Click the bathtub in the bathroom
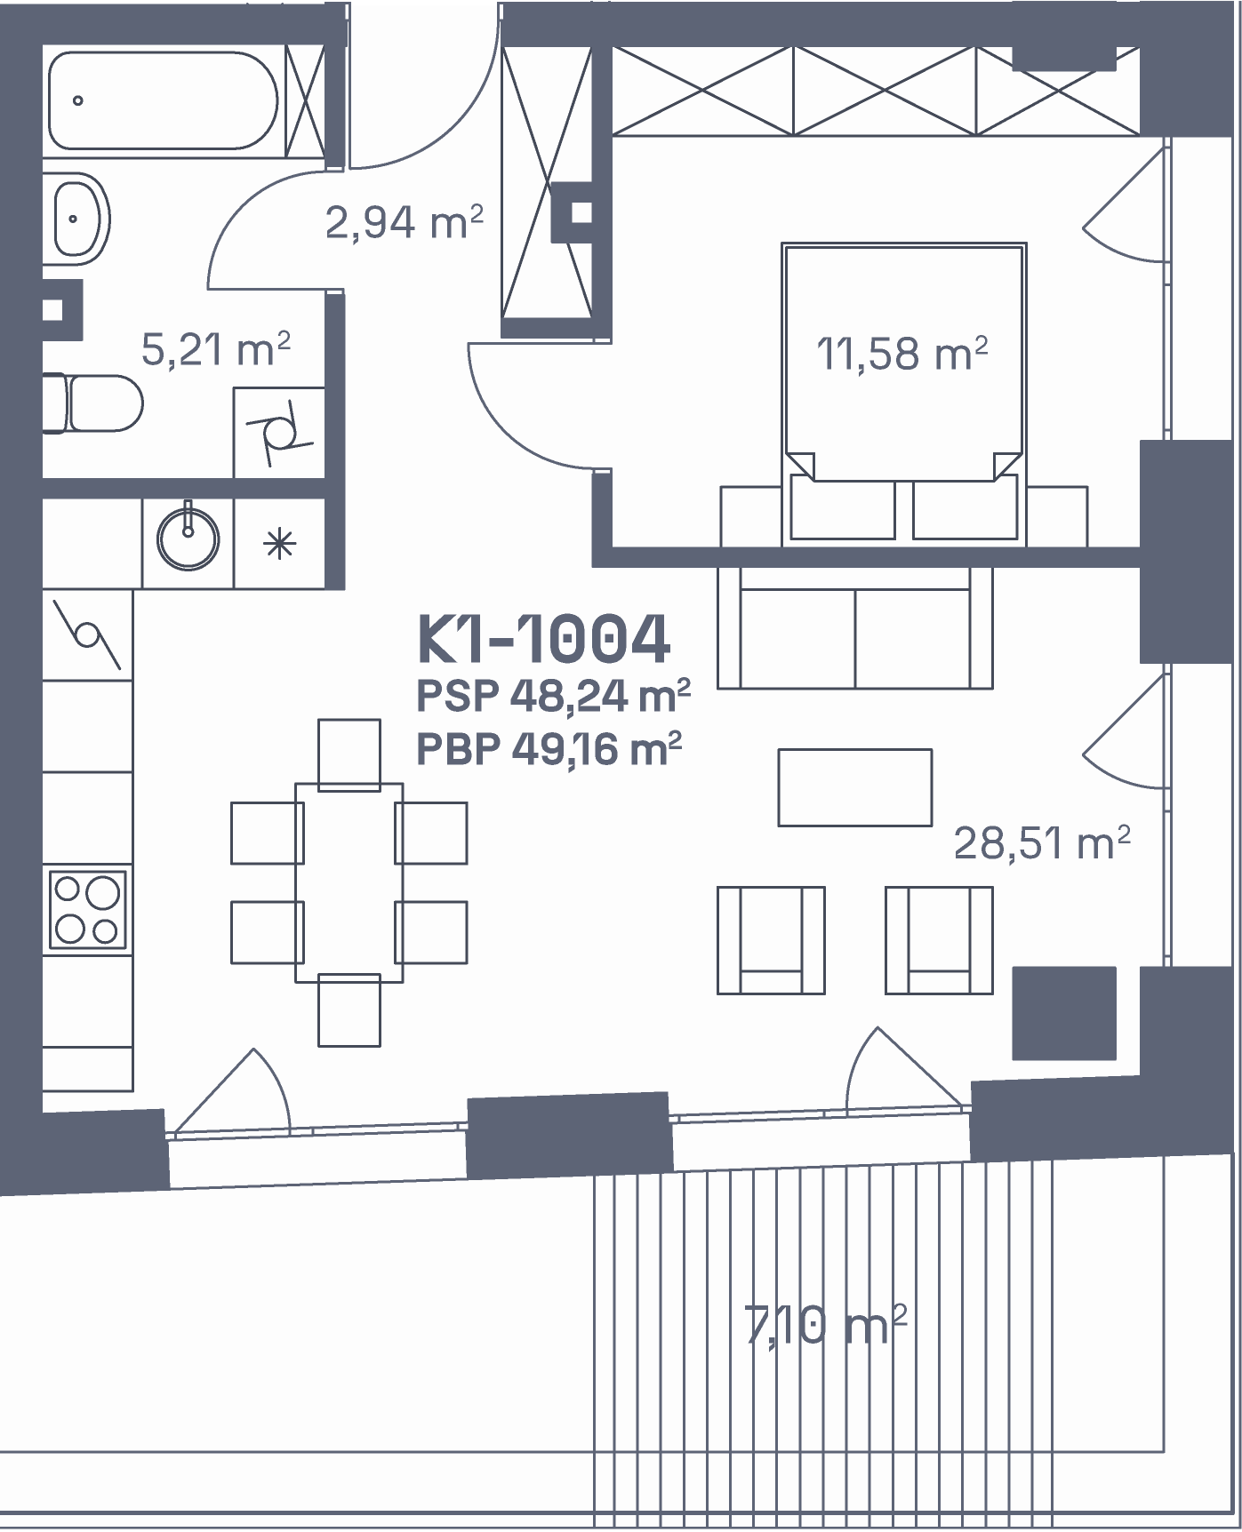pyautogui.click(x=164, y=100)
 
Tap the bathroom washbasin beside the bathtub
pyautogui.click(x=78, y=218)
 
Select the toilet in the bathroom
pyautogui.click(x=92, y=403)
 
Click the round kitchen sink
pyautogui.click(x=188, y=539)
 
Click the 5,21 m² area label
pyautogui.click(x=216, y=348)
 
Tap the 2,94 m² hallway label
pyautogui.click(x=405, y=222)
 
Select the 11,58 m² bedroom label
pyautogui.click(x=902, y=353)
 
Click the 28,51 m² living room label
pyautogui.click(x=1042, y=842)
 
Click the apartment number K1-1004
pyautogui.click(x=544, y=639)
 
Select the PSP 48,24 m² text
pyautogui.click(x=554, y=696)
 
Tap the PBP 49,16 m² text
pyautogui.click(x=549, y=749)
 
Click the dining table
pyautogui.click(x=349, y=882)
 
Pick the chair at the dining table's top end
pyautogui.click(x=349, y=754)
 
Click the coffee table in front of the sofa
pyautogui.click(x=855, y=787)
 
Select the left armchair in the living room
pyautogui.click(x=771, y=940)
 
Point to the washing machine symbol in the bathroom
pyautogui.click(x=279, y=433)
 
